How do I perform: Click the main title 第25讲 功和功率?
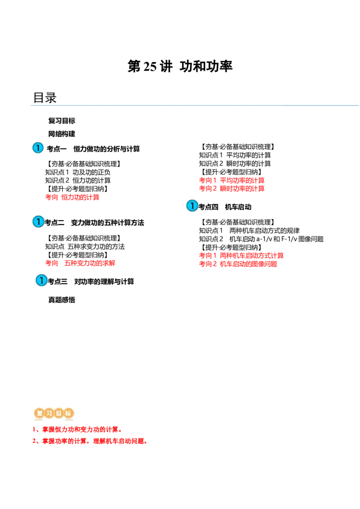pyautogui.click(x=180, y=66)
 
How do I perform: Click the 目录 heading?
pyautogui.click(x=45, y=98)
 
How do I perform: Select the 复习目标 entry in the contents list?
pyautogui.click(x=62, y=121)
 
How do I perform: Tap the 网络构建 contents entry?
pyautogui.click(x=62, y=134)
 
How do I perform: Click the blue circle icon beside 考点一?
pyautogui.click(x=38, y=147)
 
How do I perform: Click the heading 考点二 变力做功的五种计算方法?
pyautogui.click(x=94, y=223)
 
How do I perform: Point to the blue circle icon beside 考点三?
pyautogui.click(x=41, y=280)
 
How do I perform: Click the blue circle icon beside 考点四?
pyautogui.click(x=192, y=205)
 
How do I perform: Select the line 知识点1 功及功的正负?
pyautogui.click(x=78, y=172)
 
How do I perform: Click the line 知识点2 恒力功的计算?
pyautogui.click(x=78, y=180)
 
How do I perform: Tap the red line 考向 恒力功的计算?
pyautogui.click(x=72, y=197)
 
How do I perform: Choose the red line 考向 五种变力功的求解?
pyautogui.click(x=80, y=263)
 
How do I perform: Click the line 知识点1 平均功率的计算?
pyautogui.click(x=235, y=155)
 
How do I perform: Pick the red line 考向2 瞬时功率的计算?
pyautogui.click(x=232, y=188)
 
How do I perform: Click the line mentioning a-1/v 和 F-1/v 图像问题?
pyautogui.click(x=261, y=239)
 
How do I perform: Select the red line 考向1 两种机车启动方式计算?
pyautogui.click(x=241, y=256)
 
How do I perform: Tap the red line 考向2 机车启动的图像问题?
pyautogui.click(x=238, y=264)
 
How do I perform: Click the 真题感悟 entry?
pyautogui.click(x=62, y=300)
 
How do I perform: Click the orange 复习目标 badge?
pyautogui.click(x=54, y=413)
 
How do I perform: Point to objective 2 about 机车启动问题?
pyautogui.click(x=90, y=441)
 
